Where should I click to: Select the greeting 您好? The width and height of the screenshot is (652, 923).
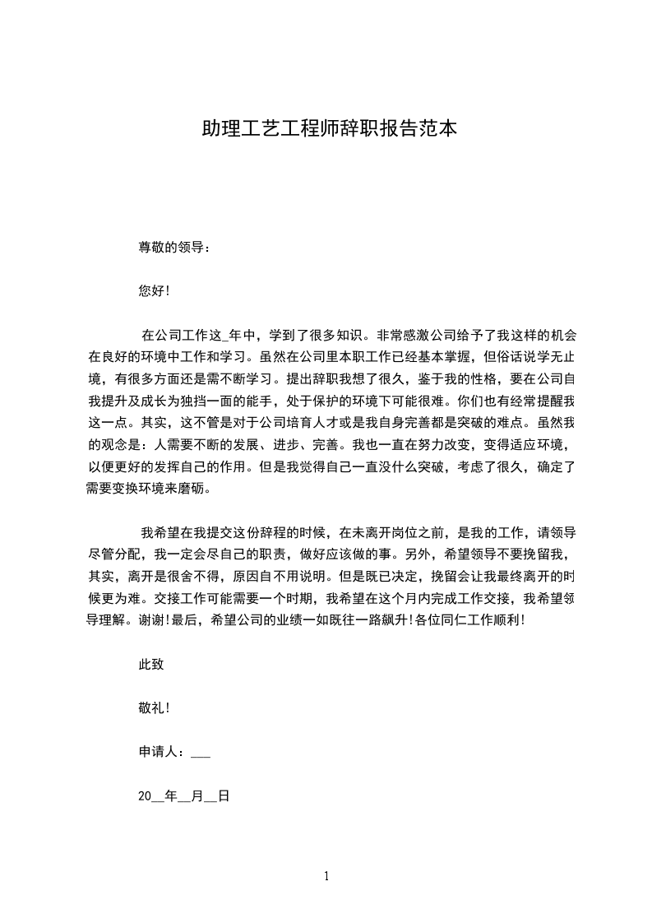[x=154, y=291]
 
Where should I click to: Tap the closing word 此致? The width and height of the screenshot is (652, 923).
[x=151, y=665]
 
